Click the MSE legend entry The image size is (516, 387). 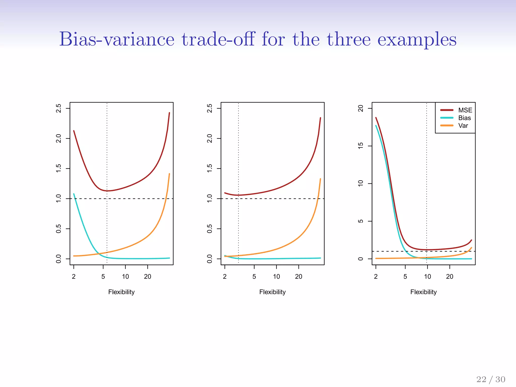pyautogui.click(x=465, y=110)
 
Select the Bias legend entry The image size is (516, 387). pyautogui.click(x=464, y=118)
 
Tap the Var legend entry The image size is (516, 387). pyautogui.click(x=463, y=125)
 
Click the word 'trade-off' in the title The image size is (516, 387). pyautogui.click(x=218, y=39)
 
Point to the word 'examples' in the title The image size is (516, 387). pyautogui.click(x=417, y=40)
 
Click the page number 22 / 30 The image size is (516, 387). pyautogui.click(x=491, y=379)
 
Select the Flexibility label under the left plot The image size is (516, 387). pyautogui.click(x=121, y=292)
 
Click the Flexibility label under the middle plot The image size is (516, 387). pyautogui.click(x=272, y=292)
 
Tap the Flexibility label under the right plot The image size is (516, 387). pyautogui.click(x=423, y=292)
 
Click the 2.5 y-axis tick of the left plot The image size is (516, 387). pyautogui.click(x=58, y=108)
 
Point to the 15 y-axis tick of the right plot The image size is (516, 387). pyautogui.click(x=361, y=146)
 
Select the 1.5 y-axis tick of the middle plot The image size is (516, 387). pyautogui.click(x=209, y=168)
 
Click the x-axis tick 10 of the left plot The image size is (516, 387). pyautogui.click(x=125, y=276)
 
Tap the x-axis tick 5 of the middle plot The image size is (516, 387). pyautogui.click(x=254, y=276)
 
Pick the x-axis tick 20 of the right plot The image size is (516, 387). pyautogui.click(x=450, y=276)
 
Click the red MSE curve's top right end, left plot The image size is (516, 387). pyautogui.click(x=169, y=113)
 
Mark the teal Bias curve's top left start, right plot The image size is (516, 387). pyautogui.click(x=376, y=125)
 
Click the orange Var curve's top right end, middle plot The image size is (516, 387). pyautogui.click(x=320, y=179)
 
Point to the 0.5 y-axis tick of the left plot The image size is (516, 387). pyautogui.click(x=58, y=229)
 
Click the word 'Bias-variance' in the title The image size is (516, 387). pyautogui.click(x=117, y=39)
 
